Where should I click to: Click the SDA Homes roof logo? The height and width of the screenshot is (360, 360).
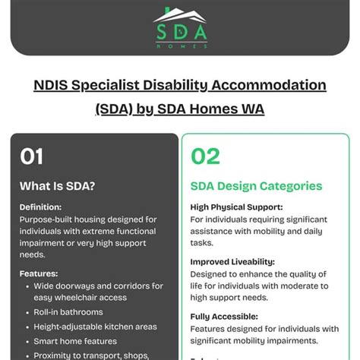(180, 14)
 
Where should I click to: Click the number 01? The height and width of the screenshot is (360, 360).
(31, 156)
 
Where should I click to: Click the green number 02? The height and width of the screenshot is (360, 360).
(205, 156)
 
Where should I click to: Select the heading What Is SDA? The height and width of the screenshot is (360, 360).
(57, 186)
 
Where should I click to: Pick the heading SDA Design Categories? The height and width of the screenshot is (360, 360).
(256, 186)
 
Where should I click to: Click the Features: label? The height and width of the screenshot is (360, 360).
(39, 273)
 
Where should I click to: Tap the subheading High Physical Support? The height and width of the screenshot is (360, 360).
(236, 207)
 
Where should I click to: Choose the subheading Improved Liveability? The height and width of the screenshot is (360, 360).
(232, 261)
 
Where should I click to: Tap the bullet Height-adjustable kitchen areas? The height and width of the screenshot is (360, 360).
(96, 327)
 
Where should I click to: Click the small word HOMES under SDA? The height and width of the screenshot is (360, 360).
(180, 46)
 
